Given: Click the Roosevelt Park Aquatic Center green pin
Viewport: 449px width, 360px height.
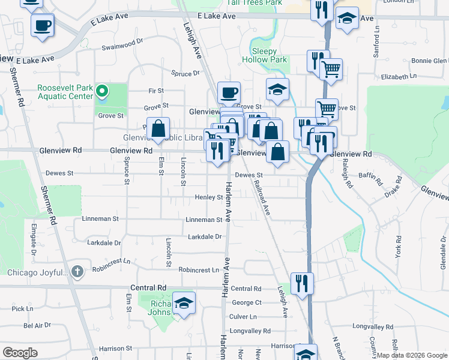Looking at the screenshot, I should pyautogui.click(x=103, y=92).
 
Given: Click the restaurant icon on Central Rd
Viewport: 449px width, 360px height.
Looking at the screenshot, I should pyautogui.click(x=302, y=283).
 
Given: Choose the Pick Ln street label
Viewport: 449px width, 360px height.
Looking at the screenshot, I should pyautogui.click(x=22, y=308).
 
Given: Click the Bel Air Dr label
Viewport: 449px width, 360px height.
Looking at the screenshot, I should pyautogui.click(x=37, y=325).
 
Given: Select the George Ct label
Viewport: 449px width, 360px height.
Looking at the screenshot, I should pyautogui.click(x=247, y=302).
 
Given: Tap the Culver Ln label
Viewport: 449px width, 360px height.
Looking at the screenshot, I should pyautogui.click(x=243, y=316).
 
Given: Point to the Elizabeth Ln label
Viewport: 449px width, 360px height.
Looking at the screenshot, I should pyautogui.click(x=399, y=77).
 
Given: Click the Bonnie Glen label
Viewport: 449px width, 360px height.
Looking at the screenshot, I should pyautogui.click(x=429, y=61).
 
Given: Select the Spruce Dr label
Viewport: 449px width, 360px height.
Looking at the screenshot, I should pyautogui.click(x=185, y=73).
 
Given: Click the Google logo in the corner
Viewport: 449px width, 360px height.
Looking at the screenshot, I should pyautogui.click(x=20, y=353).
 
